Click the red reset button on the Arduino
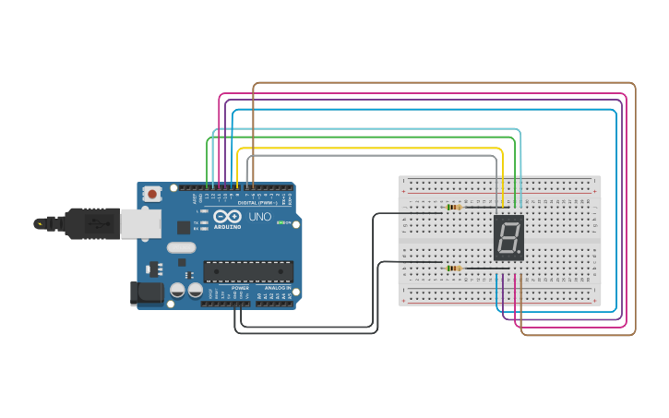pyautogui.click(x=151, y=194)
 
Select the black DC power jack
pyautogui.click(x=145, y=293)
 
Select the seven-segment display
pyautogui.click(x=508, y=238)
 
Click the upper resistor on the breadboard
pyautogui.click(x=453, y=208)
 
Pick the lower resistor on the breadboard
pyautogui.click(x=452, y=269)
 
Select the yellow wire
pyautogui.click(x=369, y=148)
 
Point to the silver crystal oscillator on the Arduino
pyautogui.click(x=182, y=247)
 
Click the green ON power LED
pyautogui.click(x=280, y=222)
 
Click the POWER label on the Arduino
pyautogui.click(x=240, y=288)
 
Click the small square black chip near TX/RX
pyautogui.click(x=184, y=226)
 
